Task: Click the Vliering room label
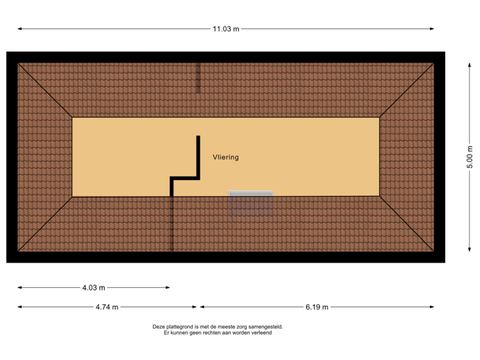225,157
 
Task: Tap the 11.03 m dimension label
225,29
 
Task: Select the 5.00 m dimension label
469,157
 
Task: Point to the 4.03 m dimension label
93,288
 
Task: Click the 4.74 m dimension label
107,307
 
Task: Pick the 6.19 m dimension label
317,307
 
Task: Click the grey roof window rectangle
251,203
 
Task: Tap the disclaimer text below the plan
218,329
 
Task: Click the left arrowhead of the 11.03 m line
19,29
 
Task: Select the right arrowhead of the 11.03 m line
433,29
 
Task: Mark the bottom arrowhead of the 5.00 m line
469,250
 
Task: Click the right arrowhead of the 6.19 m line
433,307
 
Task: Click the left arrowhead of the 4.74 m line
19,307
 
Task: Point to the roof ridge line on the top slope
197,79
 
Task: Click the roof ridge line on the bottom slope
172,223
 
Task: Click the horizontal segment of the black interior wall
185,178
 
